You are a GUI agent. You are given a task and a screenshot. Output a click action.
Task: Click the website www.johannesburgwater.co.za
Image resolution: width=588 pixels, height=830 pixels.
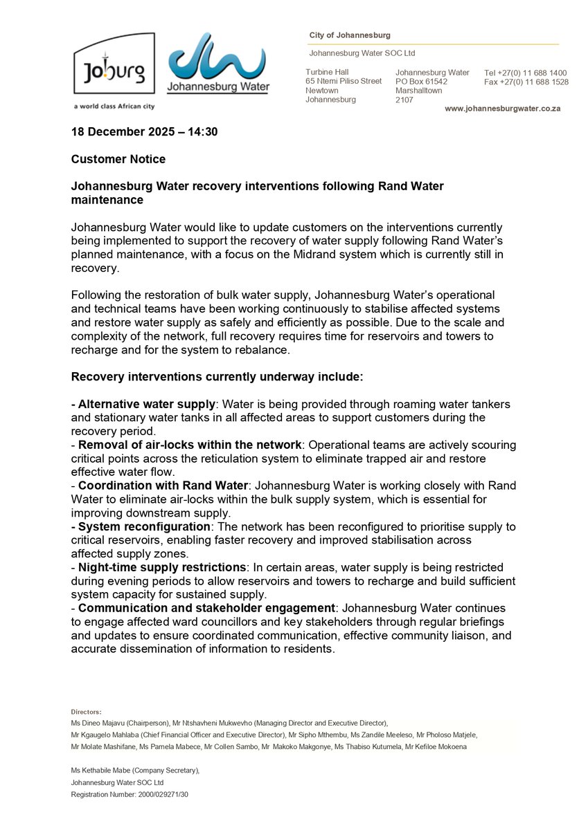[502, 109]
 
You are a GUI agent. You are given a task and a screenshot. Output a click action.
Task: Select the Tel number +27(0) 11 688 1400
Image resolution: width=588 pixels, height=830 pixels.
[526, 73]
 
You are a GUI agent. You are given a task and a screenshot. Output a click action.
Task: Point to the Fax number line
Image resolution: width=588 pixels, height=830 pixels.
[526, 82]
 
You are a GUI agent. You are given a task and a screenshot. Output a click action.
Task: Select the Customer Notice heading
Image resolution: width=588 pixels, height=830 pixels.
[118, 159]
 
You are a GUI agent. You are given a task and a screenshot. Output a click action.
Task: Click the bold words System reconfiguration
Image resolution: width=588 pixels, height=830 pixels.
[143, 526]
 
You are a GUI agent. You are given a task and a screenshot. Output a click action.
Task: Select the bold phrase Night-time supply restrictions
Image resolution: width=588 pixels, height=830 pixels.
[161, 567]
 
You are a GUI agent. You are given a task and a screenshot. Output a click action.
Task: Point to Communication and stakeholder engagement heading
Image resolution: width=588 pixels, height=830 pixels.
[206, 608]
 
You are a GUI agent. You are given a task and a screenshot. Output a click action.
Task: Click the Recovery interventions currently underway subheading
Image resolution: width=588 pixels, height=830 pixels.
[217, 377]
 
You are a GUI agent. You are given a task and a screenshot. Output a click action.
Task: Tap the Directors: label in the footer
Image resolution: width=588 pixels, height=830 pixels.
[86, 711]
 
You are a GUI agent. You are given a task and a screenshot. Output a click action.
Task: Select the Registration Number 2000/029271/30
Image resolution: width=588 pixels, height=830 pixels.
[130, 795]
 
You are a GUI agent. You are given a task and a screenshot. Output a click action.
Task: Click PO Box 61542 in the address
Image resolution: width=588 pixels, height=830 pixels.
[421, 82]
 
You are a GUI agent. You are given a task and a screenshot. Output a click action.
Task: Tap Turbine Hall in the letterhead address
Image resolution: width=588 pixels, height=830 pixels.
[327, 72]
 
